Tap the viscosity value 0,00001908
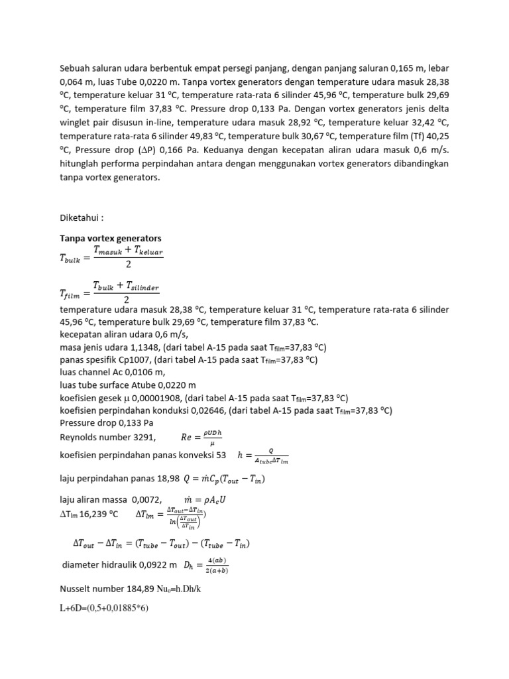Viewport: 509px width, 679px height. point(153,398)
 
